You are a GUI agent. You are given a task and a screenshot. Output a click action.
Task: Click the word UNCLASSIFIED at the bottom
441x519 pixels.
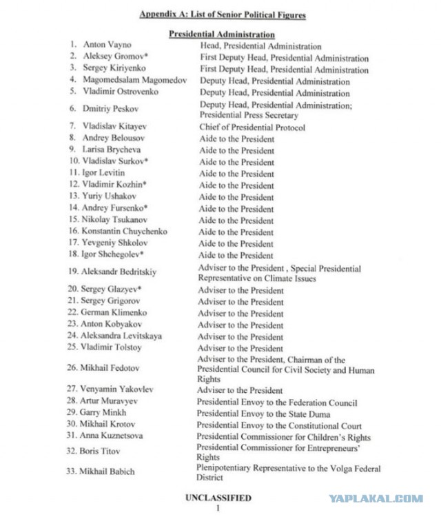[218, 497]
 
